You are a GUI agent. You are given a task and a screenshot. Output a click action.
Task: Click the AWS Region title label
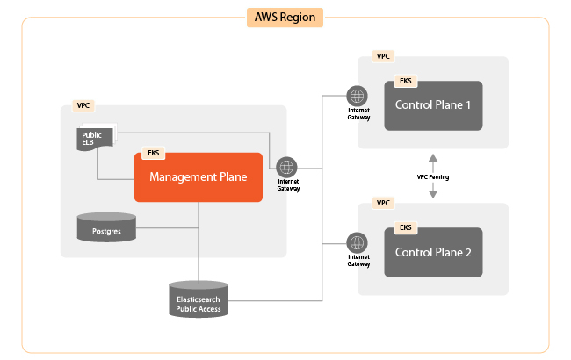coord(285,17)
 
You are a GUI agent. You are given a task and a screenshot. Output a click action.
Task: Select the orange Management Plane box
coord(199,177)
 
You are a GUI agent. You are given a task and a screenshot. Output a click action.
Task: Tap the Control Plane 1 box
coord(433,105)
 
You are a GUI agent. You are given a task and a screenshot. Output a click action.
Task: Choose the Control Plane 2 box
coord(433,252)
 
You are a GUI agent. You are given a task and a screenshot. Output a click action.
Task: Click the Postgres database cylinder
coord(106,227)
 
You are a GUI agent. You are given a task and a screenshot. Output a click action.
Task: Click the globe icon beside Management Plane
coord(287,167)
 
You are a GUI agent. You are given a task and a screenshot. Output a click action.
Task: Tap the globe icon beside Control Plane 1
coord(358,96)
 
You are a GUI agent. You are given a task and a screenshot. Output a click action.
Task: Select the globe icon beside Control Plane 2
coord(358,241)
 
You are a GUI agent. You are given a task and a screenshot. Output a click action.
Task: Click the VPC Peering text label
coord(433,176)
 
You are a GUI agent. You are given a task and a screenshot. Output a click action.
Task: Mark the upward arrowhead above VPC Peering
coord(433,157)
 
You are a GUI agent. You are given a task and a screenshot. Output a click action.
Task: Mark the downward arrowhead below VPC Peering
coord(433,196)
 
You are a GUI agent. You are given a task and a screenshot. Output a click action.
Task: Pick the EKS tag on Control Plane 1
coord(405,81)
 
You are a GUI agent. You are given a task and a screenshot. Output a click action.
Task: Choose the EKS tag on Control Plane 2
coord(405,227)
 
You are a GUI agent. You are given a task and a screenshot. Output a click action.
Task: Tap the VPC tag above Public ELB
coord(83,105)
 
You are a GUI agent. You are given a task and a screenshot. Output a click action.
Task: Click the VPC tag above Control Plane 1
coord(382,56)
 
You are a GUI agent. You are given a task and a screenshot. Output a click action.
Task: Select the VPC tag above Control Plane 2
coord(382,203)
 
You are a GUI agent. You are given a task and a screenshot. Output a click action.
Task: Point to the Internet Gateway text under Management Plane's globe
coord(289,185)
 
